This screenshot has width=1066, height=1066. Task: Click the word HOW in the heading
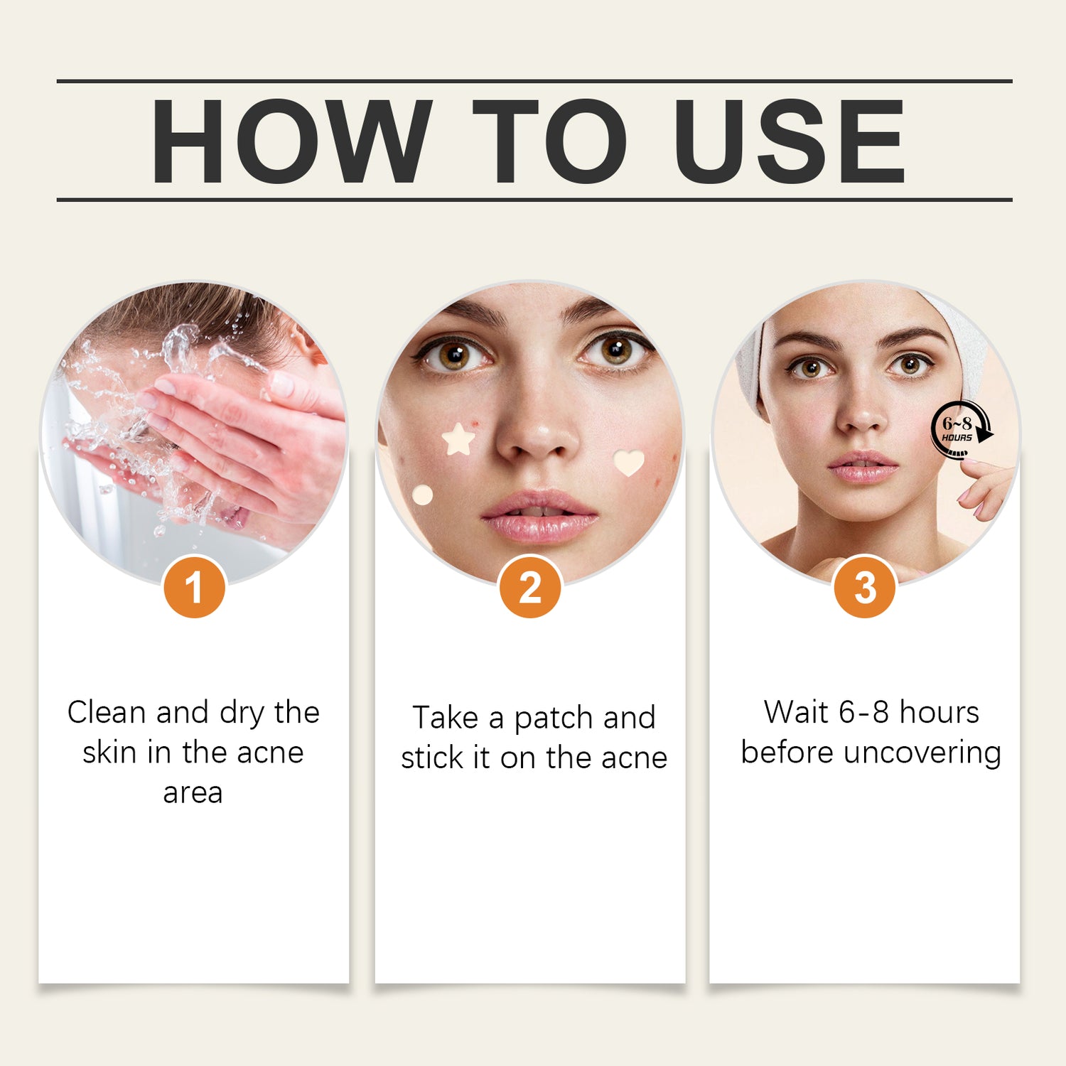pyautogui.click(x=292, y=141)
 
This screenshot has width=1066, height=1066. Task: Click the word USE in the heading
pyautogui.click(x=790, y=141)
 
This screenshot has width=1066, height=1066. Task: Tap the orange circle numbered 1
pyautogui.click(x=194, y=587)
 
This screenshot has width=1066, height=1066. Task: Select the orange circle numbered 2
pyautogui.click(x=530, y=587)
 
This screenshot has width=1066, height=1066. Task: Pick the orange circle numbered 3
pyautogui.click(x=865, y=587)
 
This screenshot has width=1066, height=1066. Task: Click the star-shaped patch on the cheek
pyautogui.click(x=458, y=439)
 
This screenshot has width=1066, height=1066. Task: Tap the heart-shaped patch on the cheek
pyautogui.click(x=629, y=462)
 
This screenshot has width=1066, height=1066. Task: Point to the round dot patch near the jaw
pyautogui.click(x=422, y=495)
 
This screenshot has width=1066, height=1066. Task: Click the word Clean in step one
pyautogui.click(x=107, y=712)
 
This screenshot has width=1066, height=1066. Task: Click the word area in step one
pyautogui.click(x=193, y=793)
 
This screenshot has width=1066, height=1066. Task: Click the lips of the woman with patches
pyautogui.click(x=540, y=515)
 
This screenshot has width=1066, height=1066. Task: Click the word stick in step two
pyautogui.click(x=432, y=758)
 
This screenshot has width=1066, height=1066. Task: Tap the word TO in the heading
pyautogui.click(x=549, y=141)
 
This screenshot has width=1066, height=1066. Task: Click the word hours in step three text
pyautogui.click(x=940, y=712)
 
